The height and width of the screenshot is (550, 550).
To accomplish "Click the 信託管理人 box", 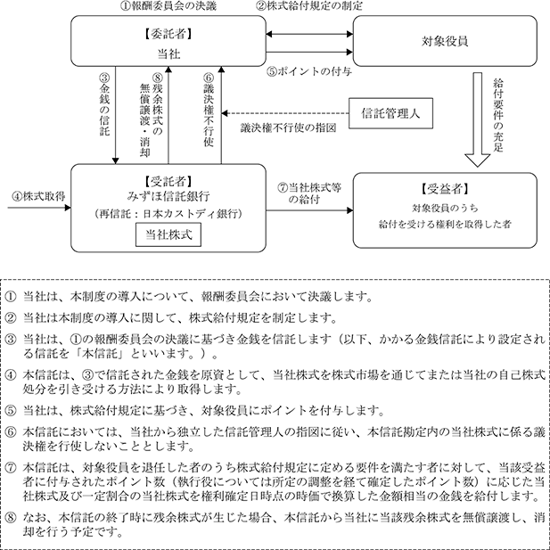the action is pyautogui.click(x=390, y=113).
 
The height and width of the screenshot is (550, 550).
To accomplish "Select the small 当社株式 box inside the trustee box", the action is pyautogui.click(x=168, y=234).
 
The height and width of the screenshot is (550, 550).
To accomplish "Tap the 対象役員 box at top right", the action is pyautogui.click(x=445, y=41).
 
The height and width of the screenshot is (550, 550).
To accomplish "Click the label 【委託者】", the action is pyautogui.click(x=168, y=34).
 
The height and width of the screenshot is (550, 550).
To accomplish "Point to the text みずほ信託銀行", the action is pyautogui.click(x=168, y=196).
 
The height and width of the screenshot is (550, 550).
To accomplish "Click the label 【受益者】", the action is pyautogui.click(x=445, y=189).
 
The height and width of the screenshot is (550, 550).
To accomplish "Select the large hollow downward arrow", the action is pyautogui.click(x=478, y=119).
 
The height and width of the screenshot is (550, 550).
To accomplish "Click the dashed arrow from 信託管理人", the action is pyautogui.click(x=285, y=113).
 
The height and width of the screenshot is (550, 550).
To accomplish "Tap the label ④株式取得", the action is pyautogui.click(x=38, y=196).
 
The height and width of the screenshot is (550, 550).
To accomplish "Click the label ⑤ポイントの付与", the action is pyautogui.click(x=309, y=71).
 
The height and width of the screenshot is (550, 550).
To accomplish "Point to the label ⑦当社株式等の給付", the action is pyautogui.click(x=309, y=193).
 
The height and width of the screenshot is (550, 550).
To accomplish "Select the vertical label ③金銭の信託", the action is pyautogui.click(x=104, y=105).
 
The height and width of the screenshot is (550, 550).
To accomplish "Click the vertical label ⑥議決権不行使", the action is pyautogui.click(x=209, y=110).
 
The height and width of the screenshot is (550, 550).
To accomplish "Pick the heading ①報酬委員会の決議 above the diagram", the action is pyautogui.click(x=168, y=6).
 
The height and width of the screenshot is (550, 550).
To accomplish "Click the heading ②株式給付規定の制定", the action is pyautogui.click(x=309, y=6).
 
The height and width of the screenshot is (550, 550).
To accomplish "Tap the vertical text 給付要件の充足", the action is pyautogui.click(x=498, y=115).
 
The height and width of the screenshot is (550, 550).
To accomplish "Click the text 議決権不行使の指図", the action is pyautogui.click(x=288, y=128).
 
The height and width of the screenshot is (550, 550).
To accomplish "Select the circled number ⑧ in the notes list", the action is pyautogui.click(x=11, y=518).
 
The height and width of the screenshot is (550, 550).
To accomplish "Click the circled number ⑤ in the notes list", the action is pyautogui.click(x=11, y=410).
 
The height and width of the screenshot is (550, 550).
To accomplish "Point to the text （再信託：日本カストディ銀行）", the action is pyautogui.click(x=168, y=214).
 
